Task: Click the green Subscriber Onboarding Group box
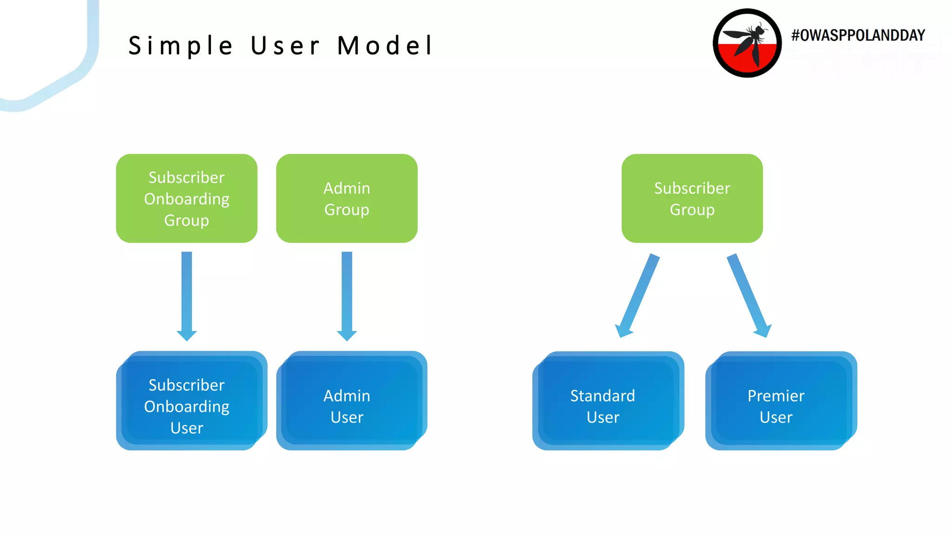tap(186, 198)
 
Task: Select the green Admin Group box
tap(347, 198)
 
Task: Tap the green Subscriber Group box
tap(692, 198)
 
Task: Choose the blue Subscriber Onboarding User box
tap(191, 401)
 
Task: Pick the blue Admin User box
tap(351, 401)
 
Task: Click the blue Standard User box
tap(608, 401)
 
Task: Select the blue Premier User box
tap(780, 401)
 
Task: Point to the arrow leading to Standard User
tap(637, 295)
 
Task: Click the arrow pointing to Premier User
tap(748, 295)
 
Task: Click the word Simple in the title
tap(180, 46)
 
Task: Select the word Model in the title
tap(385, 46)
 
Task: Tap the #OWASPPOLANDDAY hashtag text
tap(858, 35)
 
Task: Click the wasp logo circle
tap(747, 43)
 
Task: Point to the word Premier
tap(776, 396)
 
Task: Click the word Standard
tap(602, 396)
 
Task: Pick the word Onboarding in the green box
tap(186, 199)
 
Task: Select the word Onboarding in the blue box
tap(186, 407)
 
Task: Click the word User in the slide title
tap(285, 46)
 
